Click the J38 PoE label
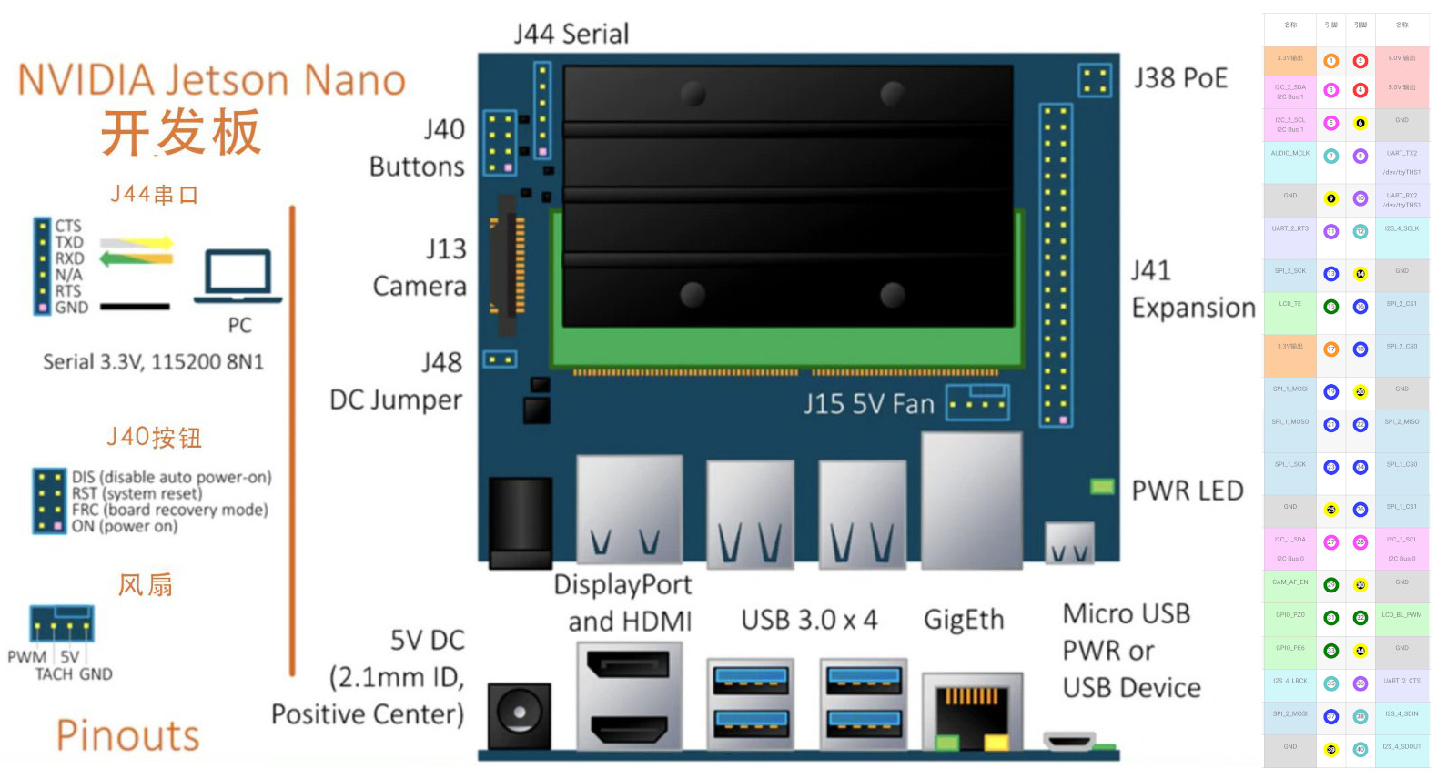(1180, 78)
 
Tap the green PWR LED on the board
(1102, 486)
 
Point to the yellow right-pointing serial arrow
(137, 243)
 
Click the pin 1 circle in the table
(1331, 61)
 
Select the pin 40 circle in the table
(1360, 749)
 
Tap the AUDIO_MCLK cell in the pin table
(1289, 154)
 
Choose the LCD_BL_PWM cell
(1401, 615)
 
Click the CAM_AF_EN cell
(1289, 582)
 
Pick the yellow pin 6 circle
(1360, 123)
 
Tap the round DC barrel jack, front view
(520, 714)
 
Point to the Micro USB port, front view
(1068, 741)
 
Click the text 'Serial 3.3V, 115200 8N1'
(153, 362)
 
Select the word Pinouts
(127, 735)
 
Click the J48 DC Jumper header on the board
(499, 359)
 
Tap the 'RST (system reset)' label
(137, 493)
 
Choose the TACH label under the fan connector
(54, 674)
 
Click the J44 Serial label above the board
(571, 35)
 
